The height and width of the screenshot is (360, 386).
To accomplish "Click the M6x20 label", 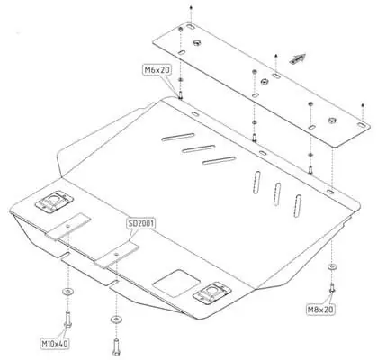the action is click(157, 70).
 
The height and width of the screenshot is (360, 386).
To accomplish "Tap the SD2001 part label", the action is click(141, 223).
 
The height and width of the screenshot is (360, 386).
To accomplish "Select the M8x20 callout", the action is click(320, 310).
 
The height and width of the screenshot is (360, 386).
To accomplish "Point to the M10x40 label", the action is click(55, 344).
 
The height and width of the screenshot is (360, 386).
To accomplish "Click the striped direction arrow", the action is click(298, 58).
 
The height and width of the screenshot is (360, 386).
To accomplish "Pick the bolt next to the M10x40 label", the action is click(67, 319).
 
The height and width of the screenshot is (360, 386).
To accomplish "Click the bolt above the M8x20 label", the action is click(332, 288).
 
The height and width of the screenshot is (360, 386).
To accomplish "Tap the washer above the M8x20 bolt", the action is click(331, 266).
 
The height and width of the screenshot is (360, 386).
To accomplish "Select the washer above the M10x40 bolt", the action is click(67, 291).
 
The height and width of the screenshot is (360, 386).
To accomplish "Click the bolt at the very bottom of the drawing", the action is click(116, 346).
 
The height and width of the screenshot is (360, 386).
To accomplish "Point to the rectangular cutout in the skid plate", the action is click(176, 283).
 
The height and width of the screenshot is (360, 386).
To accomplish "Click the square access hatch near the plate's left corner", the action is click(54, 201).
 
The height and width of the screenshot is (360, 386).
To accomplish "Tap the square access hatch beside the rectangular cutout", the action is click(212, 292).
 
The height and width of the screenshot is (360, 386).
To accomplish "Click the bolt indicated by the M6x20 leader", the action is click(181, 95).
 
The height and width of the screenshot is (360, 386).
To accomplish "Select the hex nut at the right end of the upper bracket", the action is click(332, 121).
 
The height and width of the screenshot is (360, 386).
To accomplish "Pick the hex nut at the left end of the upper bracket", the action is click(197, 42).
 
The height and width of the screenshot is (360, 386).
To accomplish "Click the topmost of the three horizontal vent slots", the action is click(178, 137).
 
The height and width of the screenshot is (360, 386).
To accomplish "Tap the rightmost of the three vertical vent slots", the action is click(297, 206).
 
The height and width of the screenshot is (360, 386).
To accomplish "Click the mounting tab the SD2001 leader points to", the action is click(117, 253).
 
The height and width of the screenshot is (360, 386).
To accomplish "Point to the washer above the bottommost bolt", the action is click(116, 319).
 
